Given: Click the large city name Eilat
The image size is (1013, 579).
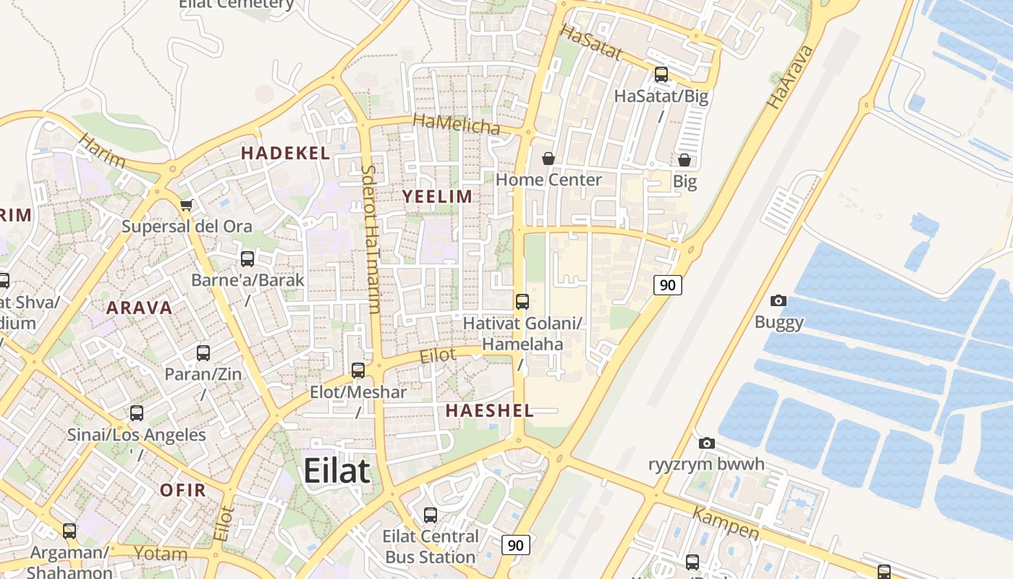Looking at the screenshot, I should [x=336, y=470].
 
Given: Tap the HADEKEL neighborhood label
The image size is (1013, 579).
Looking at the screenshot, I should [x=285, y=153].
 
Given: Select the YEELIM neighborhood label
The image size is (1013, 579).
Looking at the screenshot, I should [x=437, y=196].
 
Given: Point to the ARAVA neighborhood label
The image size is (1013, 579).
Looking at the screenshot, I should [x=140, y=308].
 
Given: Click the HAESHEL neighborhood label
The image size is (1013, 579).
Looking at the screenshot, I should [x=489, y=410].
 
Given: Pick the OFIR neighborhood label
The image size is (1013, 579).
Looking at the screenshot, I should [x=183, y=490].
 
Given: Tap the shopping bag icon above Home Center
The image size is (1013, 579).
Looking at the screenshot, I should [x=548, y=159].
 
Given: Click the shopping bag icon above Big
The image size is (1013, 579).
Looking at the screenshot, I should [x=684, y=160].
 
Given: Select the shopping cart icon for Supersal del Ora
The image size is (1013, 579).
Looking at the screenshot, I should [x=187, y=206].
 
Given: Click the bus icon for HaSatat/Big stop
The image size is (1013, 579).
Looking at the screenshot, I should [x=661, y=74].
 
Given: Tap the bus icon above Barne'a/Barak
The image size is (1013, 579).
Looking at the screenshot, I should [x=247, y=258].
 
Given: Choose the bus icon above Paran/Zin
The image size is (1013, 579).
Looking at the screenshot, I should [x=203, y=353].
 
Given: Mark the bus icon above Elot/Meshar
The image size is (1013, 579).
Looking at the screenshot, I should [x=358, y=371].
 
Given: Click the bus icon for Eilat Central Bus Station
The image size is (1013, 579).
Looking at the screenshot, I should [x=431, y=515].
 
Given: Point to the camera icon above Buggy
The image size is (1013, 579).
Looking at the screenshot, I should [x=779, y=300].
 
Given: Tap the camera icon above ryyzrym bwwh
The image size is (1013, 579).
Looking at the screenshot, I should [x=707, y=443].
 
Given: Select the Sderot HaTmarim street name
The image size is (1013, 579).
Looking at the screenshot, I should [x=370, y=239].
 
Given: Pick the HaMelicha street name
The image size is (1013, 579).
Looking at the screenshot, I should [x=457, y=124].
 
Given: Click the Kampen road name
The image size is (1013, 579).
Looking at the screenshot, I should [x=726, y=523].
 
